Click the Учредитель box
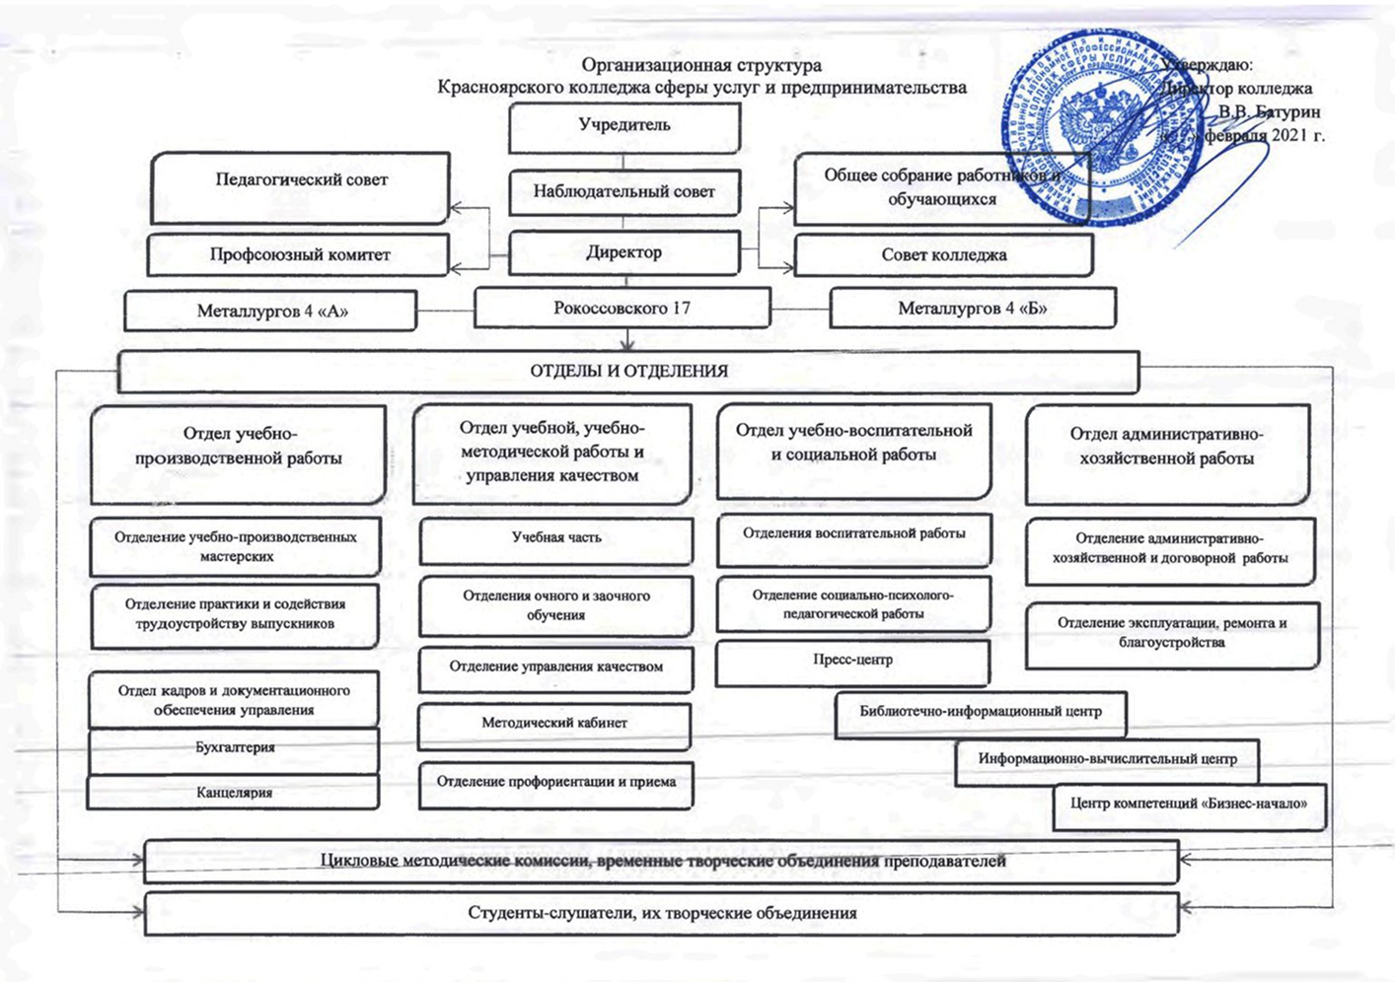coord(624,126)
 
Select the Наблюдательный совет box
coord(624,192)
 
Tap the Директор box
coord(624,252)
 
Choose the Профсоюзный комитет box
coord(300,254)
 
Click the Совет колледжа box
coord(944,254)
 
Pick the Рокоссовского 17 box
coord(623,308)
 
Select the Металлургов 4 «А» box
coord(272,311)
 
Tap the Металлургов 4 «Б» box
coord(973,309)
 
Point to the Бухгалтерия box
coord(235,748)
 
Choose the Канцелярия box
coord(235,793)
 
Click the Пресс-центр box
coord(852,661)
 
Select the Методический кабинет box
coord(554,724)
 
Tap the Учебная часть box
coord(556,538)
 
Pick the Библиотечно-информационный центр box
coord(981,712)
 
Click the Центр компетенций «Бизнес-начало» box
coord(1189,805)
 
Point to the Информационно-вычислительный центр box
coord(1107,760)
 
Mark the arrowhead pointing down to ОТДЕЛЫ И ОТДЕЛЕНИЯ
coord(626,344)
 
